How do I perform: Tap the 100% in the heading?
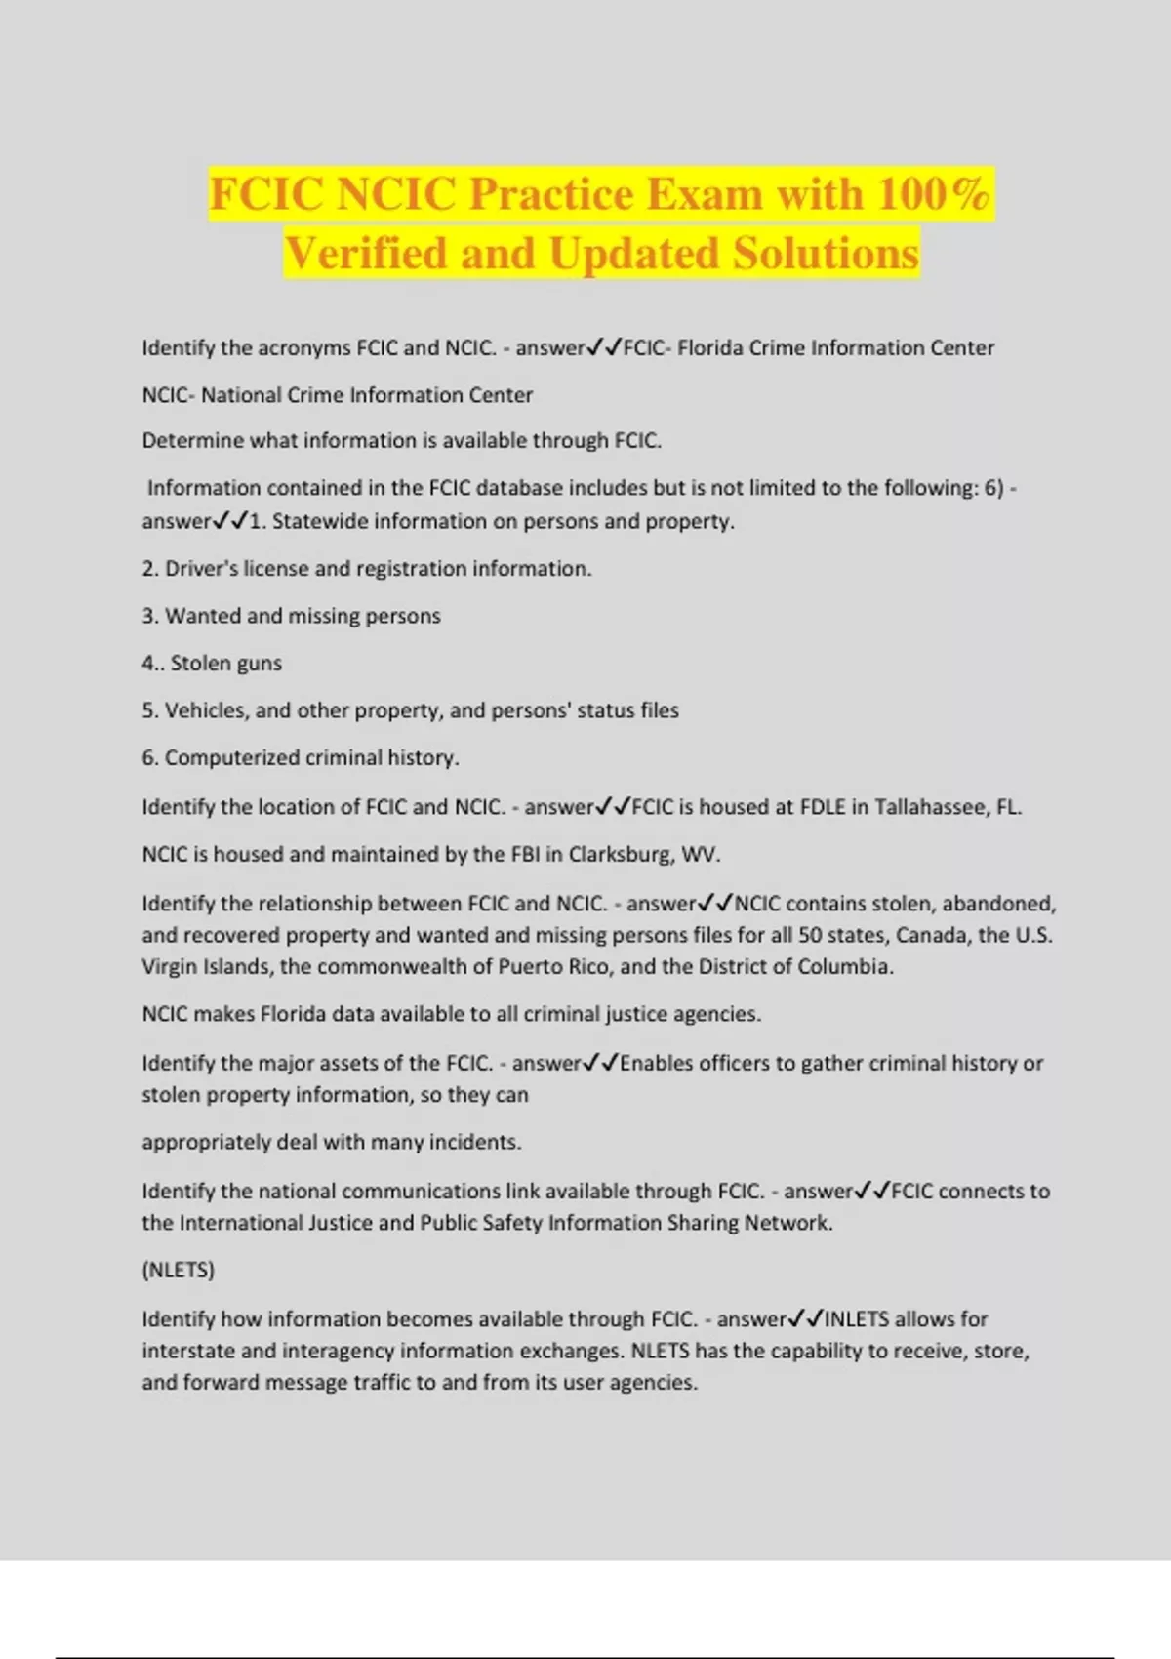[x=933, y=193]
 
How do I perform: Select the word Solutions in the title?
[x=826, y=254]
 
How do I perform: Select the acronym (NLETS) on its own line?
[x=179, y=1270]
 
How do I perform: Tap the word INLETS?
[x=857, y=1319]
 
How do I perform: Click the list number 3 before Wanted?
[x=149, y=616]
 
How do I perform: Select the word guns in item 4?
[x=259, y=664]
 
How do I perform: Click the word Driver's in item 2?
[x=201, y=569]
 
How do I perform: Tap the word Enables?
[x=657, y=1063]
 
